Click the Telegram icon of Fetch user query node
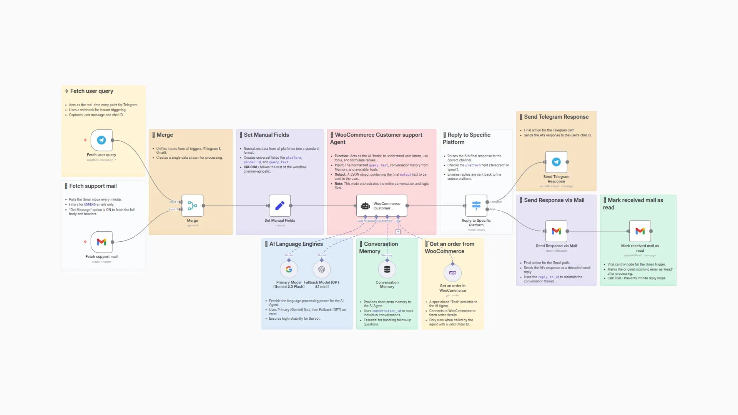101,140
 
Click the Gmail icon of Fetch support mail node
101,242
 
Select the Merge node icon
192,206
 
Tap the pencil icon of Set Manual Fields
279,206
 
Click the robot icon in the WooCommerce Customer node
366,206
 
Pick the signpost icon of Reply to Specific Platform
476,206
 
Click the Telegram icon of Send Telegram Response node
556,162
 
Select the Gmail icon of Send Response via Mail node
556,231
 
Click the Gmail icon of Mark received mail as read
640,231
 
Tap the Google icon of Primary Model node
289,269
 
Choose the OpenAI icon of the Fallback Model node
322,269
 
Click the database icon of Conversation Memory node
387,269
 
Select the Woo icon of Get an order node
452,273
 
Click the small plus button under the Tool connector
398,232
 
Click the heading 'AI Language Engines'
296,244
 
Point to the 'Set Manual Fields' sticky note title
266,135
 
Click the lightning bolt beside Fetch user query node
85,140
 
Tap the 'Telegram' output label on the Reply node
496,202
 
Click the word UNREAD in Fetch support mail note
90,204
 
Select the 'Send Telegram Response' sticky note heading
556,117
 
